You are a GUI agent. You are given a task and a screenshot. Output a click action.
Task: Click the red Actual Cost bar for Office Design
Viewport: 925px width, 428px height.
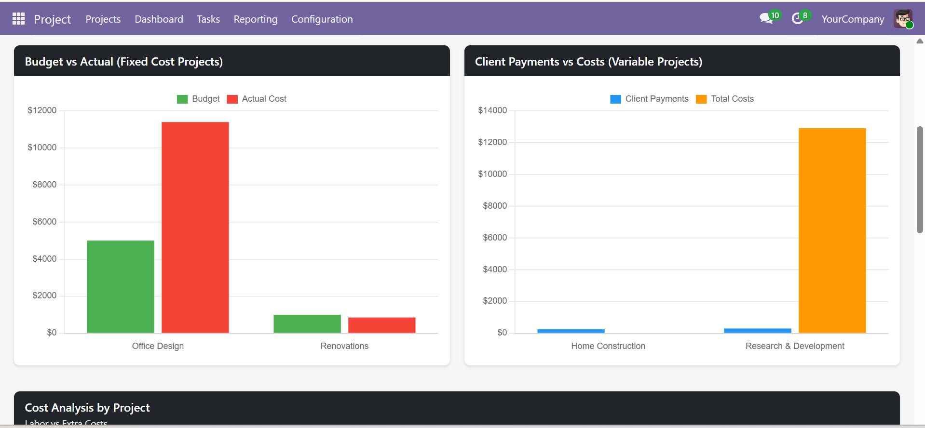195,227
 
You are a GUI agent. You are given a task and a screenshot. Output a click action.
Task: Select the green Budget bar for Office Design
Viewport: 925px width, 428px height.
121,286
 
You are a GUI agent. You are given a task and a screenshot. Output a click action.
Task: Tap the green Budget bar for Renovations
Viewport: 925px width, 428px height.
307,323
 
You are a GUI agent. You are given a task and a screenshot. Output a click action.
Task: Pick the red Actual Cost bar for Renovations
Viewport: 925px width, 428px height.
381,325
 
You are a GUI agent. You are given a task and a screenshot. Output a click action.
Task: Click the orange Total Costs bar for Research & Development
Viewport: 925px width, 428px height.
832,230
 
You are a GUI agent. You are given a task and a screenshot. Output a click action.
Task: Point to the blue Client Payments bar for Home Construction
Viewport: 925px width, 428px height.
571,331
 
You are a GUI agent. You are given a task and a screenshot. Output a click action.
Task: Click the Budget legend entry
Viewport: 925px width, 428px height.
199,99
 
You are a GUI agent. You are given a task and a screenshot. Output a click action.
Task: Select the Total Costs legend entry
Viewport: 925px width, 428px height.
725,99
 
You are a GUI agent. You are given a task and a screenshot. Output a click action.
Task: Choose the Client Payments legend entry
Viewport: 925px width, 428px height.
650,99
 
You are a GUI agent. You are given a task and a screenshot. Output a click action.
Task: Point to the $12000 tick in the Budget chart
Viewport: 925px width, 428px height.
42,110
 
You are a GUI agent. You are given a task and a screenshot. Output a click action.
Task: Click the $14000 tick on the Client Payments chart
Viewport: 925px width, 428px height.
492,110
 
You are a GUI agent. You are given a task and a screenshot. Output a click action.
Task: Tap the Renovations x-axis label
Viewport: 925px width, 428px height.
344,346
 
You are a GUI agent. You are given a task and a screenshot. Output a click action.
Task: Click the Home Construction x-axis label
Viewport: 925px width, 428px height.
608,346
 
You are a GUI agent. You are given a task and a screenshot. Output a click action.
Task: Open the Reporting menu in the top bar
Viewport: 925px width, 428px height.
255,19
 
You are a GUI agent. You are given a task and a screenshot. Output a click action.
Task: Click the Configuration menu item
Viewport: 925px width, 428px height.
322,19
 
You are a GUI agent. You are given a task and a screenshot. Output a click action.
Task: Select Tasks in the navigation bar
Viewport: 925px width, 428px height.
208,19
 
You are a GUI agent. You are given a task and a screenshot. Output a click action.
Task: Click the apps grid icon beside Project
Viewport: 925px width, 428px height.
18,19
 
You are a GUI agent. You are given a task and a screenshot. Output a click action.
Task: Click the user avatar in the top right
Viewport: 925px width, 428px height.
902,19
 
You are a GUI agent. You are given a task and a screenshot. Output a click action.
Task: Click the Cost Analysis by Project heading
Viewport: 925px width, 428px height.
87,408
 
